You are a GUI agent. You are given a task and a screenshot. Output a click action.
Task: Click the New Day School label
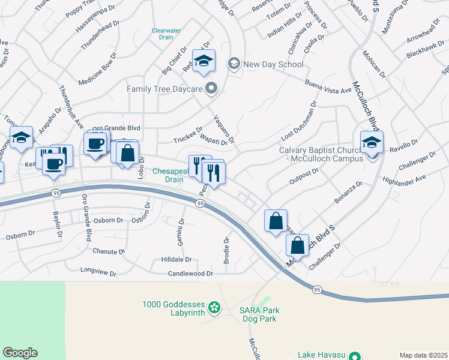point(273,64)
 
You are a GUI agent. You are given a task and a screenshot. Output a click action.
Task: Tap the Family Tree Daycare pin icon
point(211,89)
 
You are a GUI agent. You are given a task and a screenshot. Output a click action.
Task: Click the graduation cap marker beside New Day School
point(203,61)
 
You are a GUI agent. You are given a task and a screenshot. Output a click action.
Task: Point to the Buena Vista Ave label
point(328,85)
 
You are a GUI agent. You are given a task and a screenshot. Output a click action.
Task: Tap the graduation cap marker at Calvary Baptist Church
point(372,143)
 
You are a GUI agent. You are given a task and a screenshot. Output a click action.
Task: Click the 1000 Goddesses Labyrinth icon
point(213,310)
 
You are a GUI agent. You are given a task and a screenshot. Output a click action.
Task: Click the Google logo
point(20,353)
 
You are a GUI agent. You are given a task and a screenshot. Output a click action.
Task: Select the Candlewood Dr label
point(190,274)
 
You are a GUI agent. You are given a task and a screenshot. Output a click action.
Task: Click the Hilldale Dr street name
point(176,260)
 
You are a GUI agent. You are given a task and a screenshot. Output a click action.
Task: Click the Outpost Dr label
point(304,173)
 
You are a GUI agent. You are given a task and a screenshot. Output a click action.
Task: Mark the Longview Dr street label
point(98,272)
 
